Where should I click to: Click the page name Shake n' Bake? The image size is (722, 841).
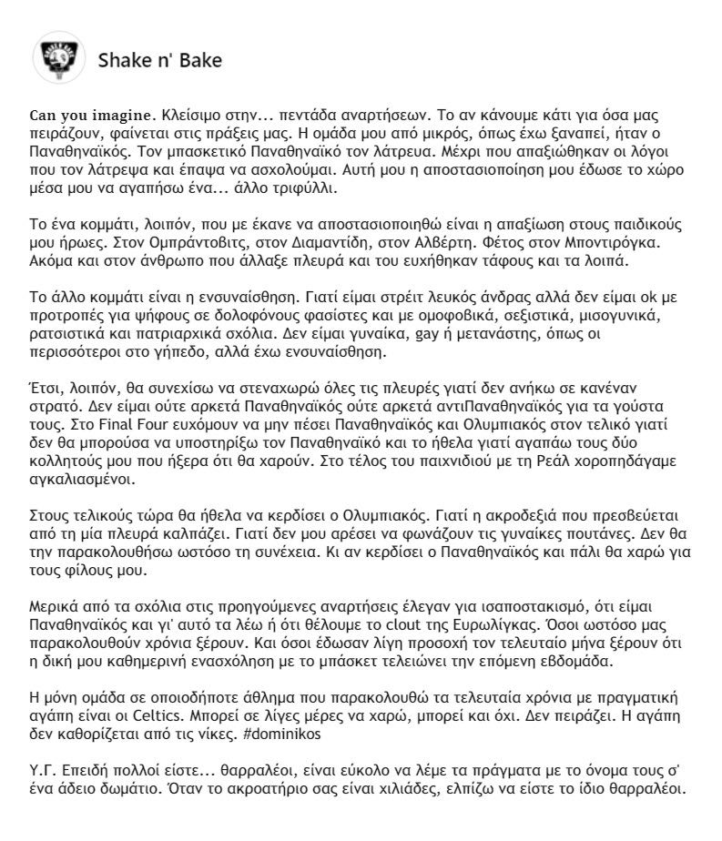pos(159,61)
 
